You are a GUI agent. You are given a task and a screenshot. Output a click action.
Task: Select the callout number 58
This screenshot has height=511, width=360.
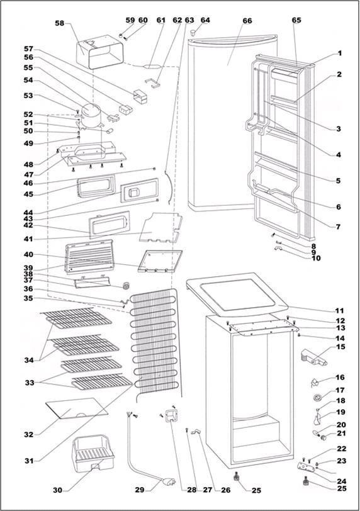click(x=60, y=23)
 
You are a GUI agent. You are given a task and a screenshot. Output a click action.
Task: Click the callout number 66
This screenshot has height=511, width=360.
click(x=247, y=21)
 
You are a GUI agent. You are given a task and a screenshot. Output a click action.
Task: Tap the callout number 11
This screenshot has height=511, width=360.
click(x=340, y=310)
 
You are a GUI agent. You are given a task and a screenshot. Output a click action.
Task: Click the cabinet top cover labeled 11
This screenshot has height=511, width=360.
click(x=237, y=295)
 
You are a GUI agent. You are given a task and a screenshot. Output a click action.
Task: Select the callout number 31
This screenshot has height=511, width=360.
click(x=30, y=461)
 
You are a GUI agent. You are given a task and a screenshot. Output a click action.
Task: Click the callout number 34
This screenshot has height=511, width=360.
click(x=29, y=360)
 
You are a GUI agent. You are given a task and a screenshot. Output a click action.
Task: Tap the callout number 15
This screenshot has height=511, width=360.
click(x=340, y=347)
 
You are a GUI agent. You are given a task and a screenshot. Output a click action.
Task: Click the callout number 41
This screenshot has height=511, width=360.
click(x=29, y=240)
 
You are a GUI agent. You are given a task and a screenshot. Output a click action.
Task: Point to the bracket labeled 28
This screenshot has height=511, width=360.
click(x=171, y=415)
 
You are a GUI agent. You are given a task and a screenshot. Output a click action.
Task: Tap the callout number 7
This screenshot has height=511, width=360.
click(x=339, y=227)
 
